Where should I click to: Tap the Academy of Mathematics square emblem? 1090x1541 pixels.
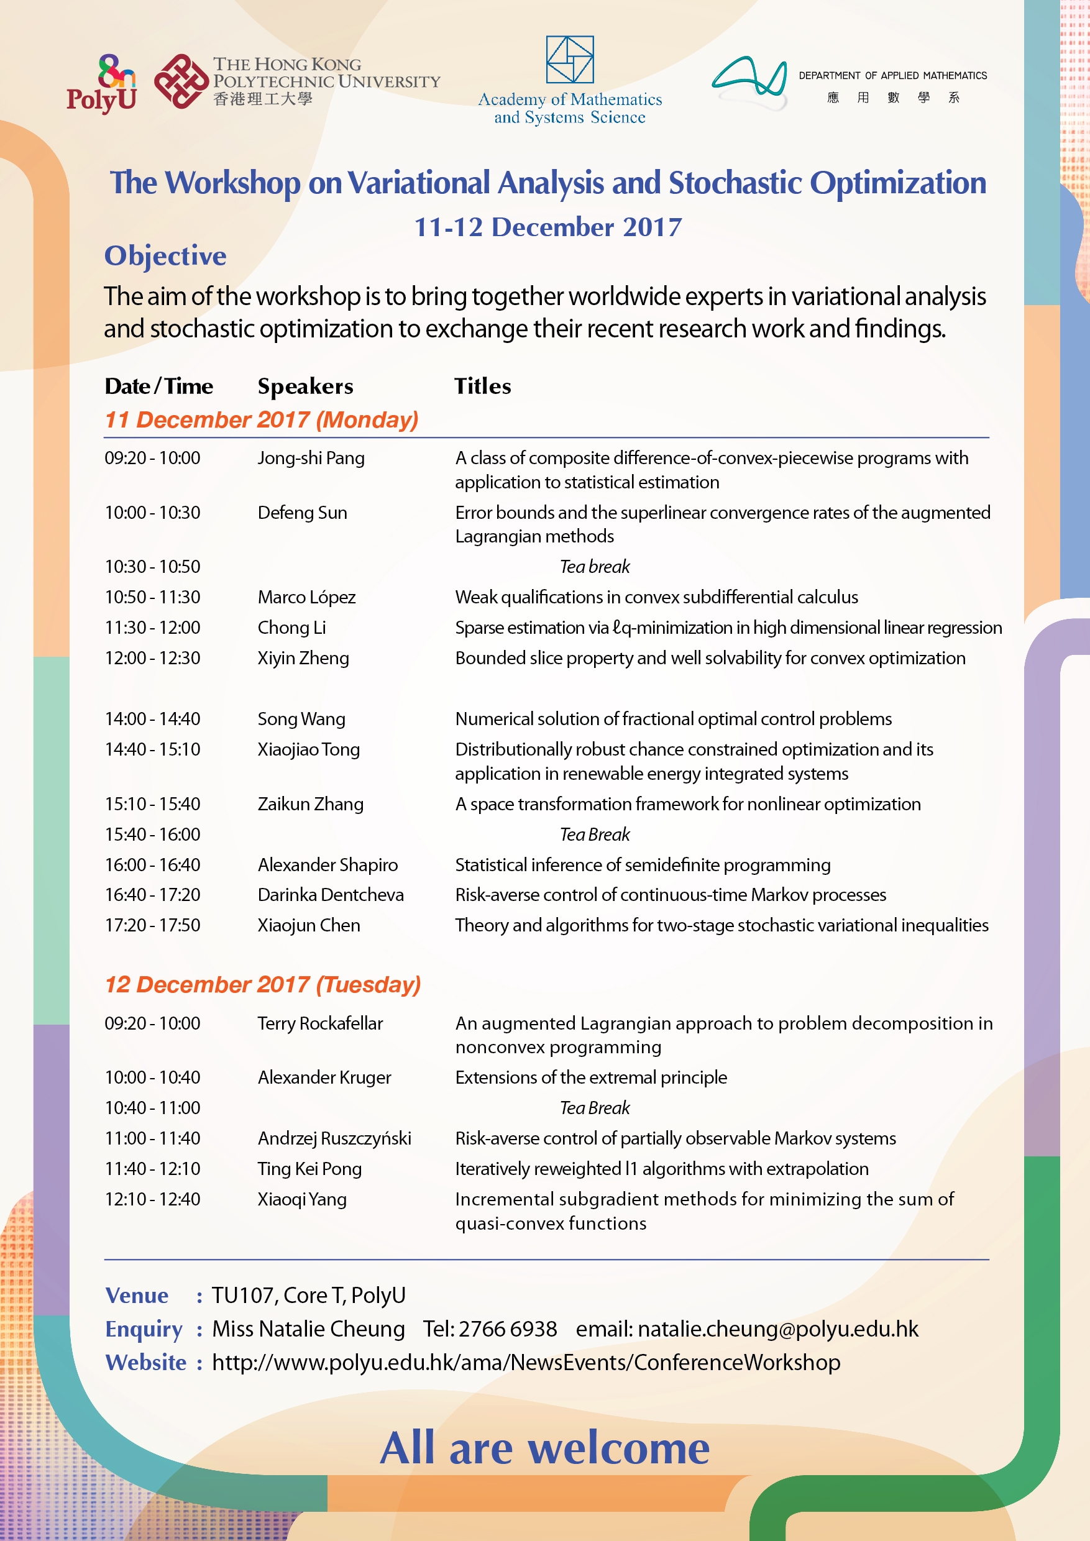[569, 59]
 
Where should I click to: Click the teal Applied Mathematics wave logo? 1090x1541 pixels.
[749, 81]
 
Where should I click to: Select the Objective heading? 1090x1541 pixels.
[165, 256]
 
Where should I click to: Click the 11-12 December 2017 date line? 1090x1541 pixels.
[547, 227]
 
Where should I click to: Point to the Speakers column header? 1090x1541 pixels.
[305, 386]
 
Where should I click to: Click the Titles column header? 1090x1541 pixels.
[483, 386]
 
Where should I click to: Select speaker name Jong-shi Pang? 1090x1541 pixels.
[311, 458]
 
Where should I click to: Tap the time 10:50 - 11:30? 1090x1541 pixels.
[152, 597]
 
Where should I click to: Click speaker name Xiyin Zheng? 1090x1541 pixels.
[303, 658]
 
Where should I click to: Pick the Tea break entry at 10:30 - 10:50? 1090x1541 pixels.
[595, 567]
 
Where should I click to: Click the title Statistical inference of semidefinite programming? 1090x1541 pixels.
[643, 864]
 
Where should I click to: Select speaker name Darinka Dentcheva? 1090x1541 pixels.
[330, 895]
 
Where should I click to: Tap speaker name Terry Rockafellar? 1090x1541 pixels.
[320, 1023]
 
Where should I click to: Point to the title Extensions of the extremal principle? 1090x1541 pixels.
[590, 1077]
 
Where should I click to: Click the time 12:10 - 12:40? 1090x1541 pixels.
[152, 1199]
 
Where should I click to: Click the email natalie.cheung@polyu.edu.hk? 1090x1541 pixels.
[778, 1329]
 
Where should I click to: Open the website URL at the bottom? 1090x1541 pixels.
[526, 1363]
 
